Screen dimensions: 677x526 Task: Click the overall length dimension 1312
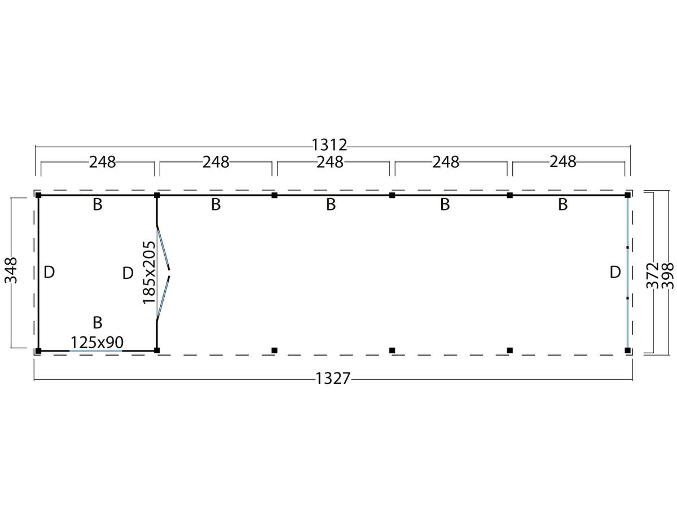[x=329, y=144]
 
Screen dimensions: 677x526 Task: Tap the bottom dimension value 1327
[x=333, y=379]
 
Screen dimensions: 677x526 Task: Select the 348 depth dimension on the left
[x=11, y=270]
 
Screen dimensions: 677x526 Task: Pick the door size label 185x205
[x=148, y=273]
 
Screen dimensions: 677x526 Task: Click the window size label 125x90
[x=97, y=342]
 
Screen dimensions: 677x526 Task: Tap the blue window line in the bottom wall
[x=96, y=351]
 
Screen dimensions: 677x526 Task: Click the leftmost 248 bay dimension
[x=102, y=162]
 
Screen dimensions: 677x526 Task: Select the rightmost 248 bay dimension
[x=562, y=162]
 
